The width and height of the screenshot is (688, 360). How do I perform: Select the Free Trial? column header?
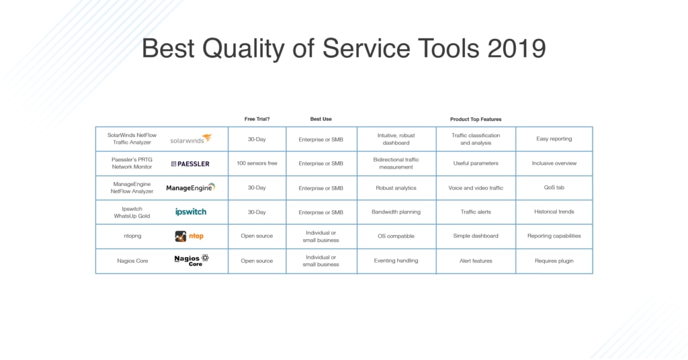(257, 119)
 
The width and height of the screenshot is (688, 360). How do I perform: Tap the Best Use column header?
(320, 119)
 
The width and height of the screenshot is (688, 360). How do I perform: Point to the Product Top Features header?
(476, 119)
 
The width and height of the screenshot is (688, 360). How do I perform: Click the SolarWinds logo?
(191, 139)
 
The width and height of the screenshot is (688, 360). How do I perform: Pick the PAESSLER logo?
(190, 163)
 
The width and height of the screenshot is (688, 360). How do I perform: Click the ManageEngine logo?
(191, 187)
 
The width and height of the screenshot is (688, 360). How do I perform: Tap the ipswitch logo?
(191, 212)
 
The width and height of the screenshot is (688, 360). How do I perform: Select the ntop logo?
(189, 236)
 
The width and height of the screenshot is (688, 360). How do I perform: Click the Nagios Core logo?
(191, 261)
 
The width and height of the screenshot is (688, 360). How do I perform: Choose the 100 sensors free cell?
(257, 163)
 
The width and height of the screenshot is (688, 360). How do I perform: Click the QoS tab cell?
(554, 188)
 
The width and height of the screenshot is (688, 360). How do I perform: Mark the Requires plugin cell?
(554, 261)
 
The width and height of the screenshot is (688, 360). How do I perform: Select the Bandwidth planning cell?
(396, 212)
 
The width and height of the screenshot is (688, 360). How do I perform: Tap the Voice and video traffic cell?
(476, 188)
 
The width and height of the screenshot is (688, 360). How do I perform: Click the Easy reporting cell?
(554, 139)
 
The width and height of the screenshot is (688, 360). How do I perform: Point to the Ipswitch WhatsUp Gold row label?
(132, 212)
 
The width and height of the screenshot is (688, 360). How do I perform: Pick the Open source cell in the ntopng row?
(257, 236)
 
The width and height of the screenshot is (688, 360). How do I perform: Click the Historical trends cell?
(554, 212)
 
